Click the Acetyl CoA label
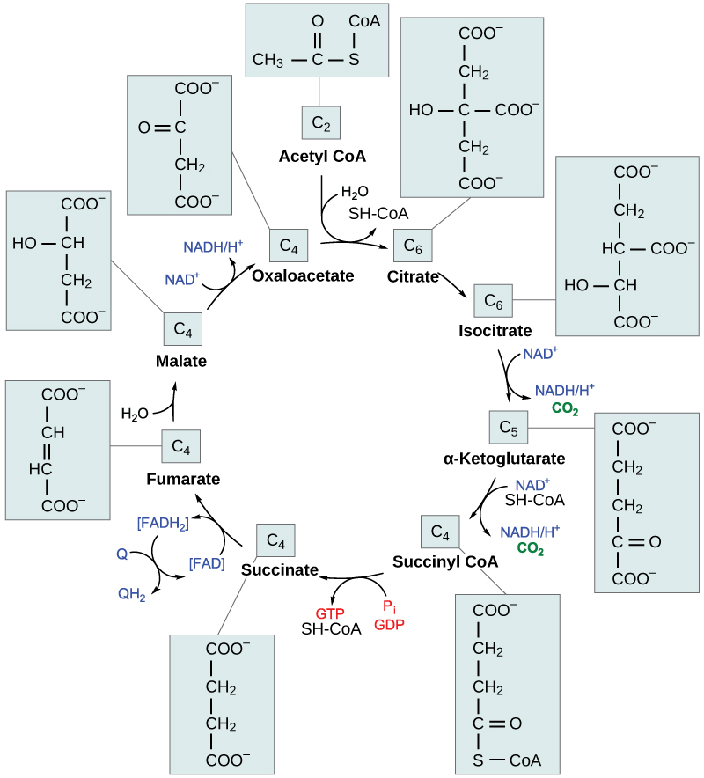pyautogui.click(x=322, y=157)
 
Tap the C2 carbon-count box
pyautogui.click(x=321, y=124)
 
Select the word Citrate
pyautogui.click(x=413, y=276)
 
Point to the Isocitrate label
pyautogui.click(x=495, y=331)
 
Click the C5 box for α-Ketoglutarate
pyautogui.click(x=508, y=428)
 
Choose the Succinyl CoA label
pyautogui.click(x=445, y=561)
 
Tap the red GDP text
pyautogui.click(x=389, y=625)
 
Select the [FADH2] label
pyautogui.click(x=162, y=525)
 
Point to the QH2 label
pyautogui.click(x=132, y=593)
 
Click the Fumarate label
pyautogui.click(x=183, y=479)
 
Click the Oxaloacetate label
pyautogui.click(x=303, y=275)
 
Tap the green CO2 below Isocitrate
pyautogui.click(x=564, y=407)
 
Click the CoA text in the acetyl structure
pyautogui.click(x=364, y=20)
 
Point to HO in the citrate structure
pyautogui.click(x=422, y=111)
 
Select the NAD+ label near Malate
pyautogui.click(x=183, y=279)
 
